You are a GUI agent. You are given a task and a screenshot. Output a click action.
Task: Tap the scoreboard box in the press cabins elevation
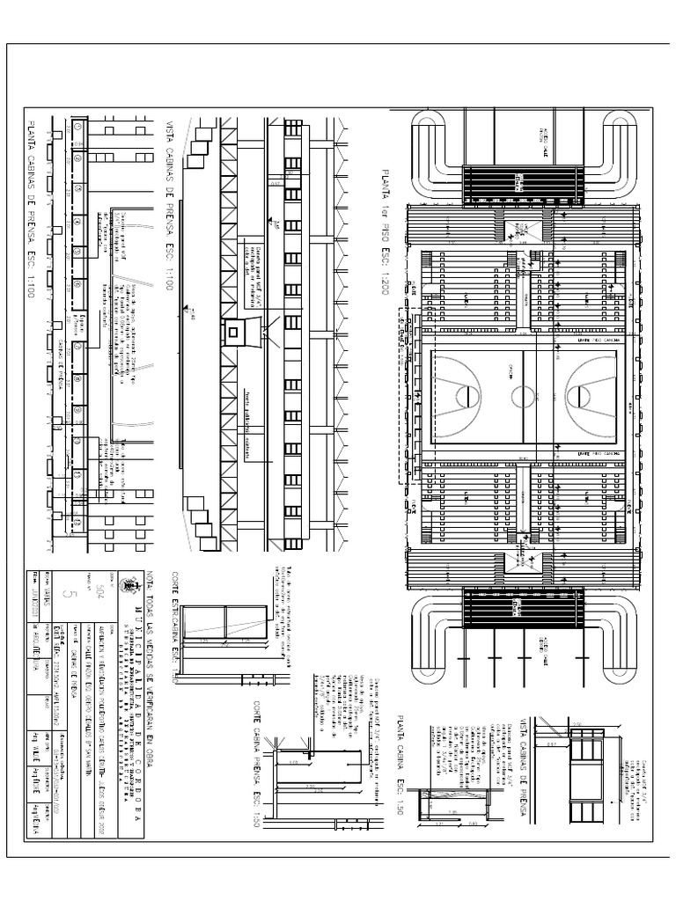[x=235, y=333]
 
